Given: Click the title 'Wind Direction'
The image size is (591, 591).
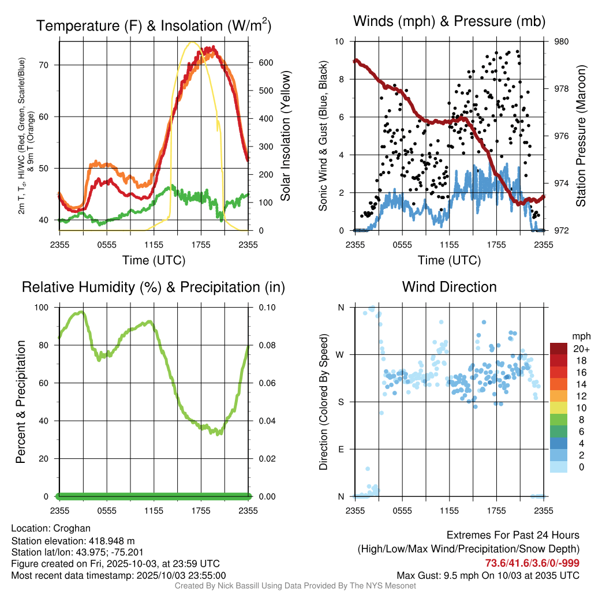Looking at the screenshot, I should coord(449,287).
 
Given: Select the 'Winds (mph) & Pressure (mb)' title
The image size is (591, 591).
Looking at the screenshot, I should coord(449,22).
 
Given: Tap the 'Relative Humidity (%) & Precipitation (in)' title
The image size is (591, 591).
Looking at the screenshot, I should coord(154,287).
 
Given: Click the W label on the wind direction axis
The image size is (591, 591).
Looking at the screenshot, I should coord(341,354).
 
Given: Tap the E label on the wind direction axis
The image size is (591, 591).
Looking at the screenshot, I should coord(341,449).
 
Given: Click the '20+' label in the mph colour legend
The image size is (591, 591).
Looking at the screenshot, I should coord(579,349).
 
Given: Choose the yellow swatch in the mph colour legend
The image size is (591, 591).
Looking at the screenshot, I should coord(558,408).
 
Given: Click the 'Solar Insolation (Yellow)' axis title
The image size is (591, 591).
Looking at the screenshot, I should coord(286,136).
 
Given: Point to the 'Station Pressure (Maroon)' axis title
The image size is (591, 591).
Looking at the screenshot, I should coord(581,136).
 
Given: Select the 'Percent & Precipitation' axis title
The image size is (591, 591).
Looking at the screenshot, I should coord(21,402).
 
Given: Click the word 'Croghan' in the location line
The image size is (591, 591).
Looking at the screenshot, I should coord(72,528).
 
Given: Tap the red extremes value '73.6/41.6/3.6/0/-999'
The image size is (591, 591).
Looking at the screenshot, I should coord(532,563).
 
